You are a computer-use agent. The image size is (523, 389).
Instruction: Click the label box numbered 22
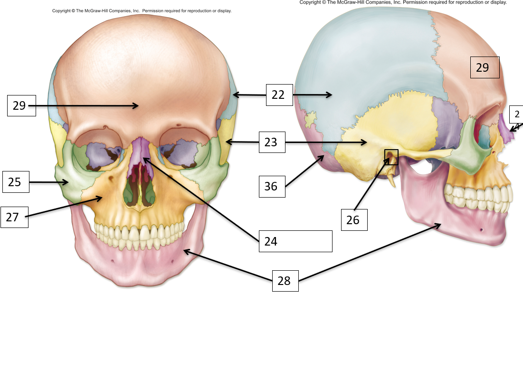pos(279,95)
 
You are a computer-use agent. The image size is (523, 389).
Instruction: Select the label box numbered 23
pos(272,142)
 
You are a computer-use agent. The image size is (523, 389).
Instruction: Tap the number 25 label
pos(16,182)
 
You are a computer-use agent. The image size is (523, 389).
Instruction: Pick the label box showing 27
pos(14,217)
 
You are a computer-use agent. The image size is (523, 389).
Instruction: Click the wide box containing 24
pos(295,241)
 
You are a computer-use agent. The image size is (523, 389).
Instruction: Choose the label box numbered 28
pos(285,281)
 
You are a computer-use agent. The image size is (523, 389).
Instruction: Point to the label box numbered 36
pos(272,186)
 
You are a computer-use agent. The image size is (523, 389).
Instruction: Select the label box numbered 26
pos(354,220)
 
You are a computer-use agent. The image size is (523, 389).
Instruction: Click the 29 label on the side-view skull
pos(485,67)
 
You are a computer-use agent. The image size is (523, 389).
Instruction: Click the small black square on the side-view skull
pos(391,157)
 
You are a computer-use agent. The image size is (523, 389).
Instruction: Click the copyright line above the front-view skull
pos(142,11)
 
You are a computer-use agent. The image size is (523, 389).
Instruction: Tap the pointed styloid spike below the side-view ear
pos(392,180)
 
